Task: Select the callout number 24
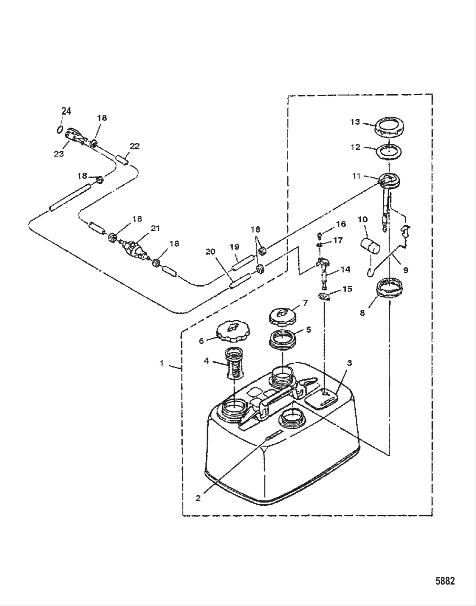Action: click(x=66, y=111)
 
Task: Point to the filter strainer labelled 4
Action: click(x=234, y=363)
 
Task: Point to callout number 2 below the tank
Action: click(x=198, y=498)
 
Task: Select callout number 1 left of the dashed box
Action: click(x=161, y=363)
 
